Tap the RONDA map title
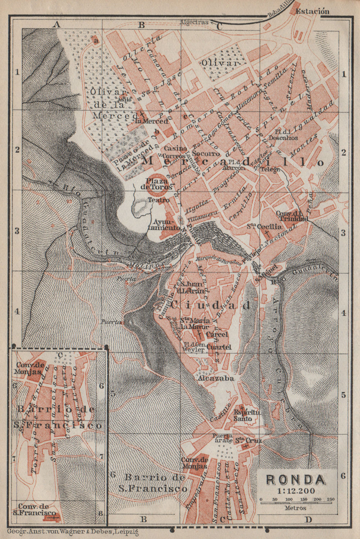[295, 480]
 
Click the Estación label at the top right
[312, 11]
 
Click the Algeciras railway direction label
[194, 22]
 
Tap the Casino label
[175, 148]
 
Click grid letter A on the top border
[56, 24]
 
